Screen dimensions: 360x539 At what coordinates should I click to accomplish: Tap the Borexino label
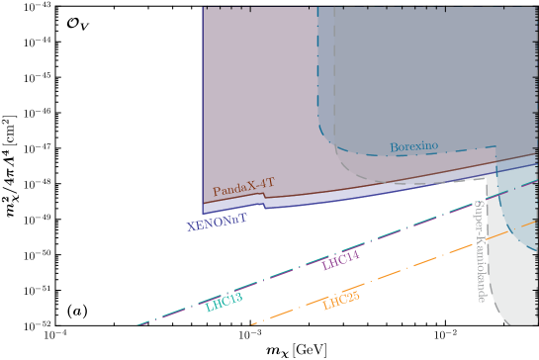[x=413, y=147]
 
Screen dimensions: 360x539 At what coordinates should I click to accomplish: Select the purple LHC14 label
[x=340, y=260]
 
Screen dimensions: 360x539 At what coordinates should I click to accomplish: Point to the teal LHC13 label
[x=224, y=303]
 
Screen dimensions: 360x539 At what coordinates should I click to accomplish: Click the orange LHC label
[x=341, y=302]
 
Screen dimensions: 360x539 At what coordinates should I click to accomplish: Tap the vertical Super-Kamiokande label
[x=481, y=251]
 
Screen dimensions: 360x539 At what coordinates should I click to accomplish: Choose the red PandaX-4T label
[x=243, y=186]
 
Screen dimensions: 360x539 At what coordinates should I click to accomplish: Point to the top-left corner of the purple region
[x=203, y=9]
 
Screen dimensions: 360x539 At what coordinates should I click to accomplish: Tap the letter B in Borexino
[x=394, y=147]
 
